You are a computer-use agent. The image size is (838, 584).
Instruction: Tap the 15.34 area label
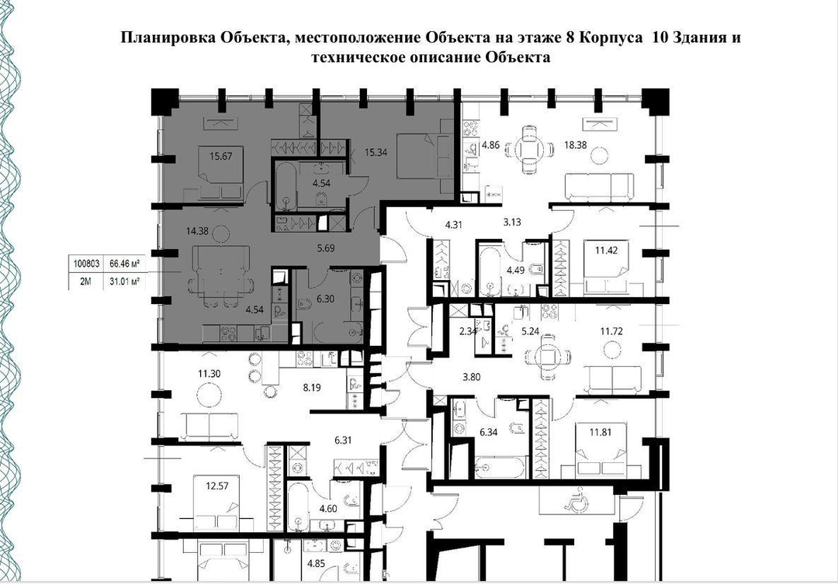click(x=376, y=152)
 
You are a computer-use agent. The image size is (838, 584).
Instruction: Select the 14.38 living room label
click(x=197, y=231)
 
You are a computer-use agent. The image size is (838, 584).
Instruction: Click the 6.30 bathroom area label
click(x=325, y=299)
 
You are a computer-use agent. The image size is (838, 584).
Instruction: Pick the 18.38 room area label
click(x=576, y=144)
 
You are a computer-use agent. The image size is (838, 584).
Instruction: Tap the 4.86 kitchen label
click(x=490, y=144)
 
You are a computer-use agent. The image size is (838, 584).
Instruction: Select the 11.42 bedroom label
click(x=607, y=250)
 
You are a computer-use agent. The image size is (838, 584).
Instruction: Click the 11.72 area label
click(x=611, y=331)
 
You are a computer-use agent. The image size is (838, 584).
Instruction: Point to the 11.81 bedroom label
click(x=600, y=432)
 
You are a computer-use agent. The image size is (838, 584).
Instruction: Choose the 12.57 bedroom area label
click(x=217, y=486)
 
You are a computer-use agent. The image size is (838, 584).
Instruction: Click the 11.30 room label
click(x=209, y=374)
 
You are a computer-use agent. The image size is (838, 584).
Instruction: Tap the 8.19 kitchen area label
click(x=312, y=387)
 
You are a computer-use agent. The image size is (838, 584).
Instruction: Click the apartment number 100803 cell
click(x=85, y=264)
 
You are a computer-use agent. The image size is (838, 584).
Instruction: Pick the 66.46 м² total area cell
click(x=124, y=264)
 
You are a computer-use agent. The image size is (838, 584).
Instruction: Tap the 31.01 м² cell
click(x=124, y=282)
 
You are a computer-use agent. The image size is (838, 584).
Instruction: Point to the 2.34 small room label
click(x=468, y=331)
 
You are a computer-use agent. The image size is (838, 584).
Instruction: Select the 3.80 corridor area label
click(x=472, y=377)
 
